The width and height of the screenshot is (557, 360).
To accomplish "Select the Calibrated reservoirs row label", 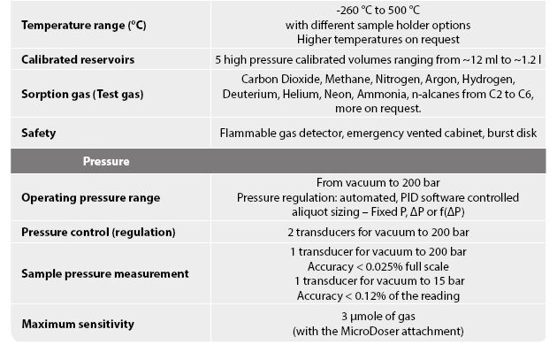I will pyautogui.click(x=77, y=59).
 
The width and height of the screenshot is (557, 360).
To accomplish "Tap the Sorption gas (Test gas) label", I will pyautogui.click(x=85, y=93).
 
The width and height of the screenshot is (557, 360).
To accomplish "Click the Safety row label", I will pyautogui.click(x=38, y=133).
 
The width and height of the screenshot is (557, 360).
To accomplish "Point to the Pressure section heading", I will pyautogui.click(x=106, y=163).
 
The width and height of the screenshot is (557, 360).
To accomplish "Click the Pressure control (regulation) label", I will pyautogui.click(x=98, y=232).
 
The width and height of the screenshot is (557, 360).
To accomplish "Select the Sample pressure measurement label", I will pyautogui.click(x=104, y=273).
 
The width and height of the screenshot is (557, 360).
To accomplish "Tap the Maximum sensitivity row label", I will pyautogui.click(x=78, y=324).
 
